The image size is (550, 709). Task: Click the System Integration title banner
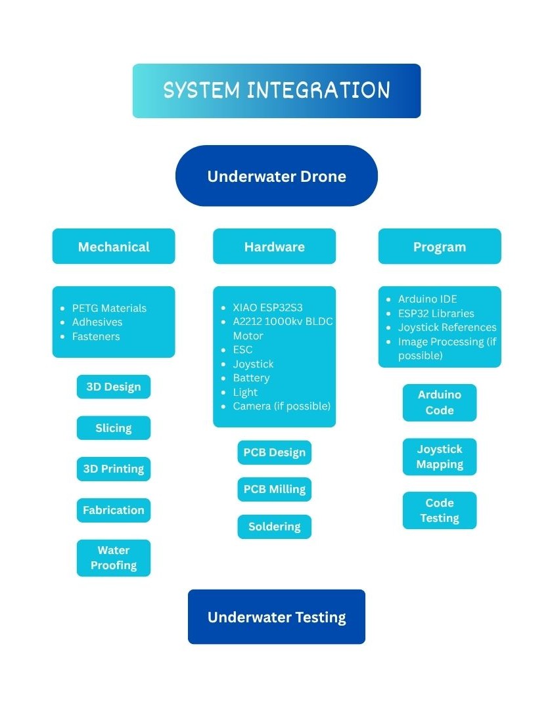tap(277, 91)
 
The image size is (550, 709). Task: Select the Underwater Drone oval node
tap(277, 176)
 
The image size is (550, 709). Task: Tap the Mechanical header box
tap(114, 246)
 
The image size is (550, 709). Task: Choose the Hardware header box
tap(274, 246)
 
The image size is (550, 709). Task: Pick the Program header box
tap(440, 246)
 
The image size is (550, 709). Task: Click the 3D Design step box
tap(114, 387)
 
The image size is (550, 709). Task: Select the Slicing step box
tap(114, 428)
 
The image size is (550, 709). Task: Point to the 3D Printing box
tap(114, 469)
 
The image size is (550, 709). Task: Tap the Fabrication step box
tap(114, 510)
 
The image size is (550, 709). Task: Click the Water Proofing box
tap(114, 558)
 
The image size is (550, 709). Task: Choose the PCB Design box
tap(274, 452)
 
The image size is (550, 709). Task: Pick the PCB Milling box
tap(274, 489)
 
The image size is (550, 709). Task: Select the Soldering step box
tap(274, 526)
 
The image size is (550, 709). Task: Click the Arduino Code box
tap(440, 403)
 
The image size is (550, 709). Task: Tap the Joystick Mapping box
tap(440, 457)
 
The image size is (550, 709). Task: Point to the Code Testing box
tap(440, 511)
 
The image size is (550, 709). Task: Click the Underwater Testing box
tap(277, 616)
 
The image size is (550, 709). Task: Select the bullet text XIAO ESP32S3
tap(267, 307)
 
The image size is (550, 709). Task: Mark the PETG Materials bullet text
tap(109, 308)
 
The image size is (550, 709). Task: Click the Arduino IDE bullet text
tap(427, 299)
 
